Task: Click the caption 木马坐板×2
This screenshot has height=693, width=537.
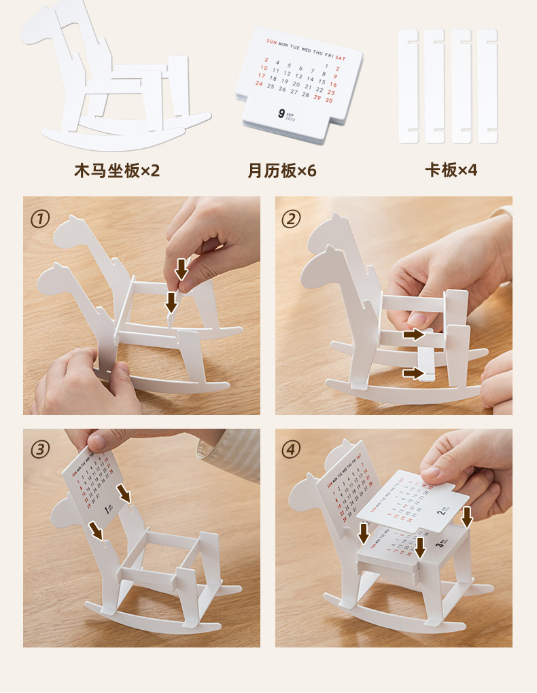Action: tap(117, 170)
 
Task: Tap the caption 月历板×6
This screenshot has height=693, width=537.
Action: tap(282, 170)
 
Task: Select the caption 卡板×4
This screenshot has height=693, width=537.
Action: tap(451, 170)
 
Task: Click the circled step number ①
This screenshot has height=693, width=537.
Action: tap(40, 219)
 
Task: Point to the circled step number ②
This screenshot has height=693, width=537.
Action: tap(292, 219)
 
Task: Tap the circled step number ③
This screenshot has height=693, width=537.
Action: tap(40, 450)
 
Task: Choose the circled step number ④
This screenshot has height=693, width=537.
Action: tap(292, 450)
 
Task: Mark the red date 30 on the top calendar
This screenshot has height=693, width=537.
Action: tap(328, 101)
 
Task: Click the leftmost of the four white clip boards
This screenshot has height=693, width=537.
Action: tap(408, 86)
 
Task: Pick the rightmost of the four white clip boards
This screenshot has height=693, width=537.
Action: tap(487, 86)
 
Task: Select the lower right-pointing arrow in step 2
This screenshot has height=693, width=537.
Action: tap(412, 373)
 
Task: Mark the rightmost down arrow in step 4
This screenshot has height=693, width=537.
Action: tap(466, 516)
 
